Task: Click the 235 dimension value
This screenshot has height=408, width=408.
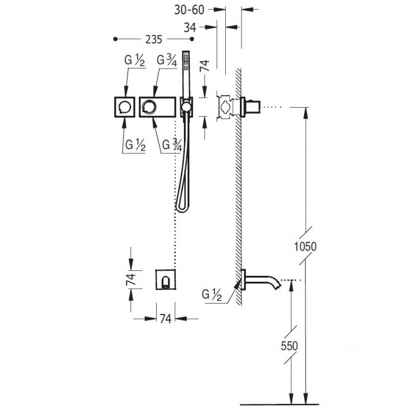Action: (153, 39)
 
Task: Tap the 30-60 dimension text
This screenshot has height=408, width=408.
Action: (189, 10)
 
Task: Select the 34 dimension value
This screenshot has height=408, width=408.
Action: (190, 27)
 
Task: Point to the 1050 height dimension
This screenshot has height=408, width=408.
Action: (305, 246)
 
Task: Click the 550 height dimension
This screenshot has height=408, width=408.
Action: (289, 345)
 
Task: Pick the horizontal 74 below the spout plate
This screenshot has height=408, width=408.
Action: (165, 318)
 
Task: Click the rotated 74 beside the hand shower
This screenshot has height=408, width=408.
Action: (205, 66)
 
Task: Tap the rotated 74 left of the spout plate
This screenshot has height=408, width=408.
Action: (131, 279)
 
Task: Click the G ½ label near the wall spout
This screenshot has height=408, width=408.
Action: (212, 295)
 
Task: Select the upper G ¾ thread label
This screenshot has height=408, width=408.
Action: (167, 60)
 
